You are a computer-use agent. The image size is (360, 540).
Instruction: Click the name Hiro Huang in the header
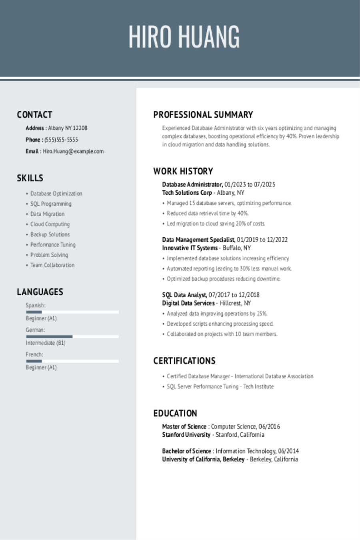(184, 37)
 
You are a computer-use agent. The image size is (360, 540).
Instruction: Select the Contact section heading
(34, 115)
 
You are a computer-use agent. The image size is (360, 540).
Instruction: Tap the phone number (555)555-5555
(61, 140)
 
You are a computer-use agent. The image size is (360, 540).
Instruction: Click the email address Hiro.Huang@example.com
(73, 151)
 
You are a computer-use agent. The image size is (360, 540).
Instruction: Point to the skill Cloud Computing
(50, 224)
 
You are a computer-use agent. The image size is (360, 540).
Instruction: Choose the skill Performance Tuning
(53, 245)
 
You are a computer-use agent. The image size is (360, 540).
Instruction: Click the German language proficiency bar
(72, 336)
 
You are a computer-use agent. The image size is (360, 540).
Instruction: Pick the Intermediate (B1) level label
(46, 343)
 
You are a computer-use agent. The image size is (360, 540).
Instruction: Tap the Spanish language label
(36, 305)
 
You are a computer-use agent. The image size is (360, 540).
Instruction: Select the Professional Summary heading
(203, 115)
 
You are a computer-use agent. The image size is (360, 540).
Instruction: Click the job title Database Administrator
(192, 184)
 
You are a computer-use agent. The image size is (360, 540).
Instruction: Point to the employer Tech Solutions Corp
(187, 193)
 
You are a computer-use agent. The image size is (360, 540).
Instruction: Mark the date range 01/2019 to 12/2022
(262, 240)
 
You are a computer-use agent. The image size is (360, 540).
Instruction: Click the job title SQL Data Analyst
(184, 295)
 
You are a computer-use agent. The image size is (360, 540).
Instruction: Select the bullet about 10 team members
(222, 334)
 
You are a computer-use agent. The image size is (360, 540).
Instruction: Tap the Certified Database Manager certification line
(240, 376)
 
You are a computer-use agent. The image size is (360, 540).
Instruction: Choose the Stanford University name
(186, 435)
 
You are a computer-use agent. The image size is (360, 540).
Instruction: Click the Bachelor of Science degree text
(186, 451)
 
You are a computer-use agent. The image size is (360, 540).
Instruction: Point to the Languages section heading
(40, 292)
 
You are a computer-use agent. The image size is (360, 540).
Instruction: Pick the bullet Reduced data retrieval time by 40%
(208, 214)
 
